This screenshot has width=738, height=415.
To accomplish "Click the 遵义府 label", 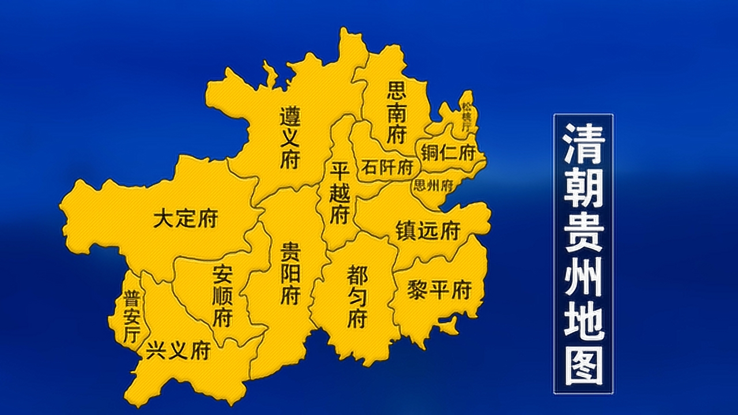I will (x=289, y=137).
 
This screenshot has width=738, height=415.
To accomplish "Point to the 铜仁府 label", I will (x=448, y=153).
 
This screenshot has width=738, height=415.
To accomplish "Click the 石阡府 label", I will (x=387, y=168).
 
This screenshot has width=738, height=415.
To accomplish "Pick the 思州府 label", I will (x=432, y=186).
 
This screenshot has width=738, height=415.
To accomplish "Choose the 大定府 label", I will (x=185, y=219).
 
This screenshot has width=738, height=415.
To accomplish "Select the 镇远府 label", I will (x=427, y=231).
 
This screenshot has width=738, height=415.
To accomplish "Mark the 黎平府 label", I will (x=439, y=289).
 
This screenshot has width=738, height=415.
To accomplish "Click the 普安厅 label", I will (x=131, y=318).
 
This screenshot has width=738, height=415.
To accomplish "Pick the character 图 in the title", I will (x=583, y=366).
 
